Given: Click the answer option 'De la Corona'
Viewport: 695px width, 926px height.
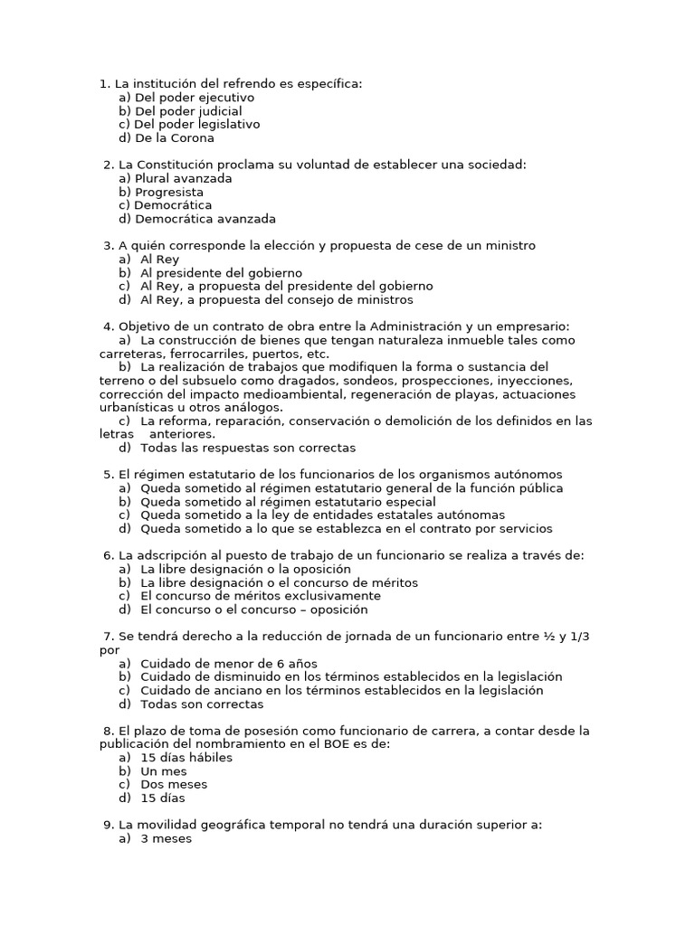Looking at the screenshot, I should point(174,138).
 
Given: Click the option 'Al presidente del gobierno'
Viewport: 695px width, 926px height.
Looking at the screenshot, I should point(221,273).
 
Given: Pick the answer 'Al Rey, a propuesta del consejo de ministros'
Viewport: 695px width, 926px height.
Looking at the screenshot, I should point(276,300).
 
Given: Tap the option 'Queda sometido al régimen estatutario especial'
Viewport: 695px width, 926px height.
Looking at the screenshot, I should point(288,502).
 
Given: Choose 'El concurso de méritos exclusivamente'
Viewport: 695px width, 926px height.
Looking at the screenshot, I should point(261,596).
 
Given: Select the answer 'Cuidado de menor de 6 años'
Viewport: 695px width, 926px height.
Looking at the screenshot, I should point(229,664).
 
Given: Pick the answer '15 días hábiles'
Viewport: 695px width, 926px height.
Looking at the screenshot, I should point(186,758).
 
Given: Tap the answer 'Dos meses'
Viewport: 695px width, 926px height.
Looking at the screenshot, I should point(174,785).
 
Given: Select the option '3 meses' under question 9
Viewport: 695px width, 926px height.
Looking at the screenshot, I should point(166,838).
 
